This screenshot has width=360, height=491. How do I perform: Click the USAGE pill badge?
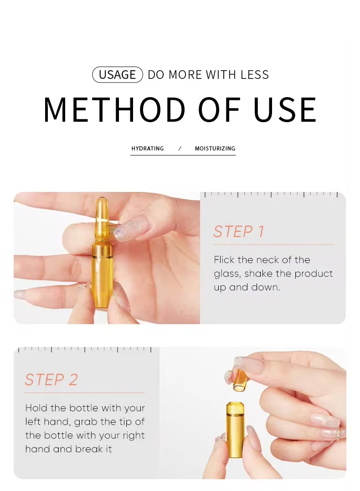click(118, 75)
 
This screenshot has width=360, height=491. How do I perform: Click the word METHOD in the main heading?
click(114, 110)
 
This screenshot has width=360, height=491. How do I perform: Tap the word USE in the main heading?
click(285, 110)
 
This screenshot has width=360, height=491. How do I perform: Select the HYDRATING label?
click(148, 149)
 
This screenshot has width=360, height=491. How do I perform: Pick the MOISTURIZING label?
click(215, 149)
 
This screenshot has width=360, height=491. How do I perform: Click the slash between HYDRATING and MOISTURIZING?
click(180, 149)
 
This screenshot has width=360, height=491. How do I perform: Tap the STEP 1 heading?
click(239, 232)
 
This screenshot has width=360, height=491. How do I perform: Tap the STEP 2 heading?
click(51, 380)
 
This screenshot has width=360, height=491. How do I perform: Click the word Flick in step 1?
click(224, 259)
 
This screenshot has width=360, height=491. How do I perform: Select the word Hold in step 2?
click(36, 408)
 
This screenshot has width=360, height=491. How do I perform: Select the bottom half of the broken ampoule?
click(236, 429)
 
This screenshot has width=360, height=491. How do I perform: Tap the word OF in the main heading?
click(220, 110)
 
